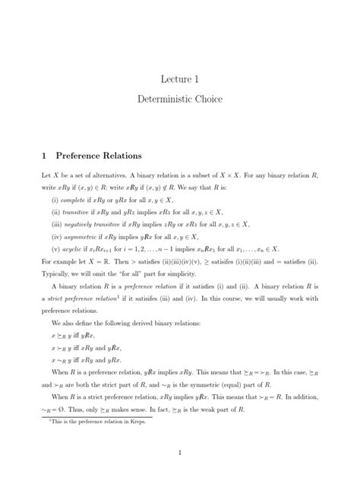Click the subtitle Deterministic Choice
click(x=179, y=99)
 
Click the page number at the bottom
click(x=179, y=453)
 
